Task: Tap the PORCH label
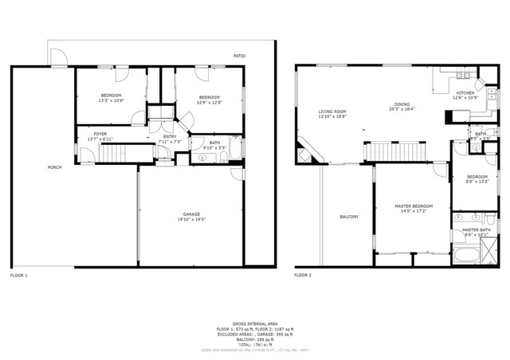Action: pyautogui.click(x=55, y=167)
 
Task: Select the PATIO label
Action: pyautogui.click(x=239, y=56)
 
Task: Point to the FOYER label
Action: pyautogui.click(x=100, y=134)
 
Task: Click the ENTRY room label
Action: pyautogui.click(x=171, y=136)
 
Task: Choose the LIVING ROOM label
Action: pyautogui.click(x=332, y=112)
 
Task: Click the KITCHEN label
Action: pyautogui.click(x=465, y=92)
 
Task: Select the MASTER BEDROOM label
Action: pyautogui.click(x=414, y=206)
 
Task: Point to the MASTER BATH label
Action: pyautogui.click(x=476, y=229)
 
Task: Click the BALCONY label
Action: pyautogui.click(x=349, y=217)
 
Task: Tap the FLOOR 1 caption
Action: pyautogui.click(x=19, y=275)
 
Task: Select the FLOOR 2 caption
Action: pyautogui.click(x=303, y=275)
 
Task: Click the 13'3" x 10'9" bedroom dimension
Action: pyautogui.click(x=110, y=100)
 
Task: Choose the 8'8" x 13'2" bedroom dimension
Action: pyautogui.click(x=477, y=182)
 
